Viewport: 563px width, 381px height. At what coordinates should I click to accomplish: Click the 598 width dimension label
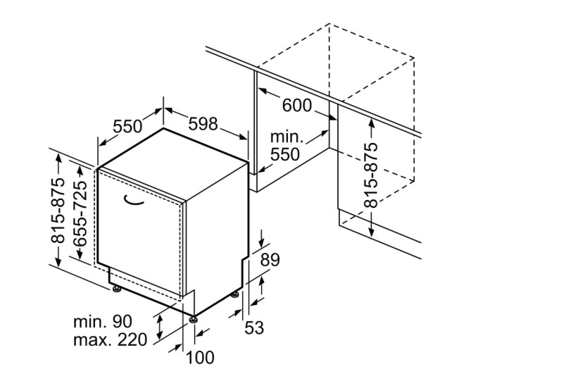[203, 124]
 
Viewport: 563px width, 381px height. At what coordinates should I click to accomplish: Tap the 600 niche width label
[296, 105]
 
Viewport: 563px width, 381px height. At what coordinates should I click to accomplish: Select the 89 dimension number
[270, 260]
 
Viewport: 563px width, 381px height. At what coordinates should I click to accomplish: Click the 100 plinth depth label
[200, 358]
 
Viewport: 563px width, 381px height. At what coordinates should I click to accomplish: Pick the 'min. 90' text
[102, 322]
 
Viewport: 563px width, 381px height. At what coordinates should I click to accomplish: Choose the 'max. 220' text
[110, 341]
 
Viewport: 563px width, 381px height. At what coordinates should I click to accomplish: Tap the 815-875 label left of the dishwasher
[58, 211]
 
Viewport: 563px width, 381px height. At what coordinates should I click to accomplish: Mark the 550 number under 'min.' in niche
[284, 154]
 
